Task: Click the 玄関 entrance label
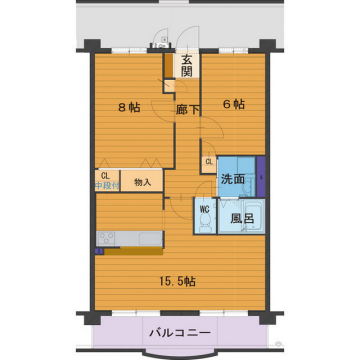(187, 64)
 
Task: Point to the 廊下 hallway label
(186, 111)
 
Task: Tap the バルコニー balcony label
(181, 331)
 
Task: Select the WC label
(203, 209)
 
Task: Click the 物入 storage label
(143, 182)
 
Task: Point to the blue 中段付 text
(107, 186)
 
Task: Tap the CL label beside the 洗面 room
(209, 162)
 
